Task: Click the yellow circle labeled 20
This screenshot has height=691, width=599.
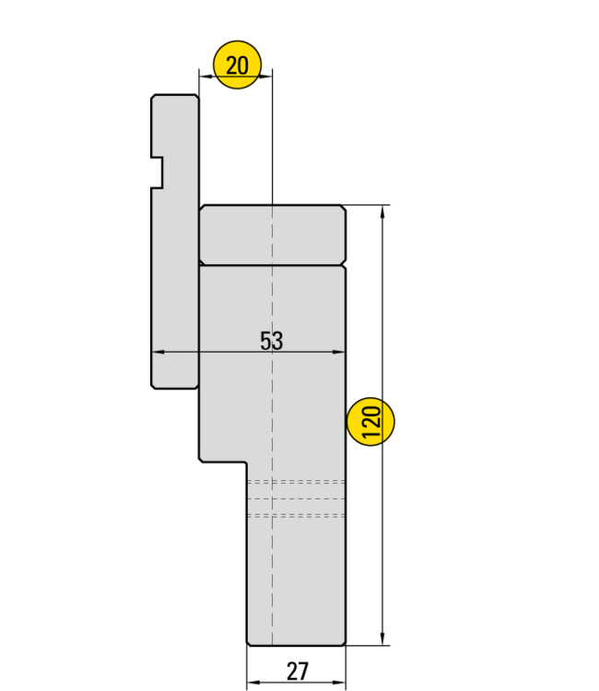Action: click(237, 65)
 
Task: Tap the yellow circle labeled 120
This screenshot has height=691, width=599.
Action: click(371, 422)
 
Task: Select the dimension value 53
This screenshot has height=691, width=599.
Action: click(271, 341)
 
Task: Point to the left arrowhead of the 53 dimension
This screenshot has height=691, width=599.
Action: click(156, 351)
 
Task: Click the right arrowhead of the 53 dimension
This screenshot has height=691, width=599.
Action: click(341, 351)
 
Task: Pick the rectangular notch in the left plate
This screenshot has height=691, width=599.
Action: click(159, 172)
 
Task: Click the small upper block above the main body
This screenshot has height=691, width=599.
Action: click(272, 235)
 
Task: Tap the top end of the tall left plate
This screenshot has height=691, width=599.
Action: click(175, 99)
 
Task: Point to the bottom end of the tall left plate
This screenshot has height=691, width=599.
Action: click(175, 383)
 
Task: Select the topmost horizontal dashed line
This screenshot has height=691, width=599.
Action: click(296, 482)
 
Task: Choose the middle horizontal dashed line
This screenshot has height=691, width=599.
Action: click(296, 498)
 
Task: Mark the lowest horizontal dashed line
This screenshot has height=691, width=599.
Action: click(296, 515)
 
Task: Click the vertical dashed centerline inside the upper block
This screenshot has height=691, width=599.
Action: click(273, 235)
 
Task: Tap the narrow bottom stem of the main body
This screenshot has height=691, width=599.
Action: click(296, 571)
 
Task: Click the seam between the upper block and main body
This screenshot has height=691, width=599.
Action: click(272, 264)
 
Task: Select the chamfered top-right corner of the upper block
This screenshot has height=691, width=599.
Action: click(341, 210)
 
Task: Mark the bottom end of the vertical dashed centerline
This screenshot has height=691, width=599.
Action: click(273, 641)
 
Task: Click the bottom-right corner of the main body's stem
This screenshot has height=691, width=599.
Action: click(343, 642)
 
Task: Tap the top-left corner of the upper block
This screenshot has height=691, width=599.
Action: click(203, 209)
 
